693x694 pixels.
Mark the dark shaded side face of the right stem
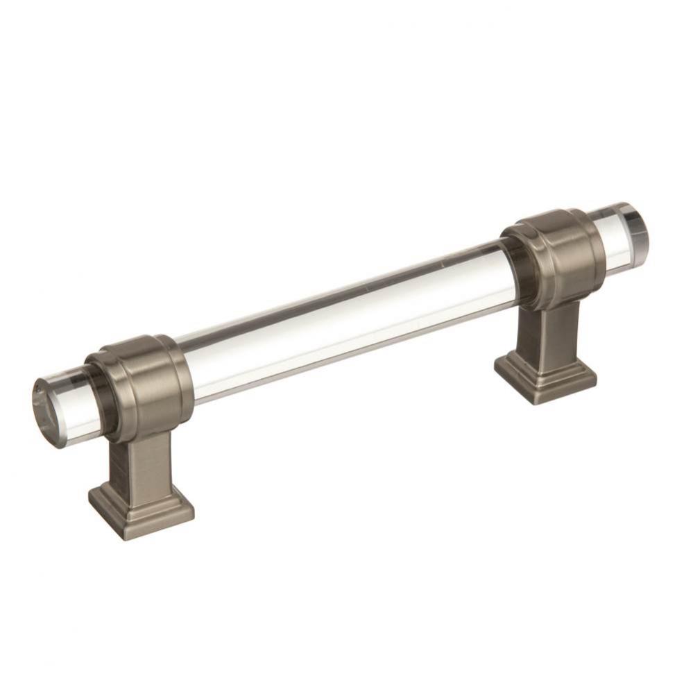pyautogui.click(x=527, y=333)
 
